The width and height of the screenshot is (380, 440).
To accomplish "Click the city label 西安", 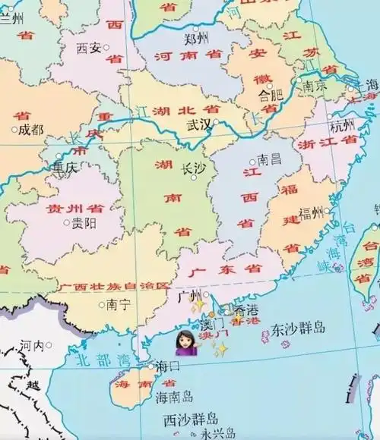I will (88, 48).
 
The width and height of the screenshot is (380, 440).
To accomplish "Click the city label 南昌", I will (269, 159).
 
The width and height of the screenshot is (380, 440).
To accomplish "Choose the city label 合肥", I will (271, 95).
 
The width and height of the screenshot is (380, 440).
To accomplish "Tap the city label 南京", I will (314, 85).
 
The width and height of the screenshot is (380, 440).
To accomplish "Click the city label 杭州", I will (343, 125).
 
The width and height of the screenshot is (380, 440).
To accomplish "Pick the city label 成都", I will (31, 130).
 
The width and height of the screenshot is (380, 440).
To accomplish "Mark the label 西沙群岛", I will (191, 419).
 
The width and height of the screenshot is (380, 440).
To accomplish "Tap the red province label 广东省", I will (229, 269).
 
